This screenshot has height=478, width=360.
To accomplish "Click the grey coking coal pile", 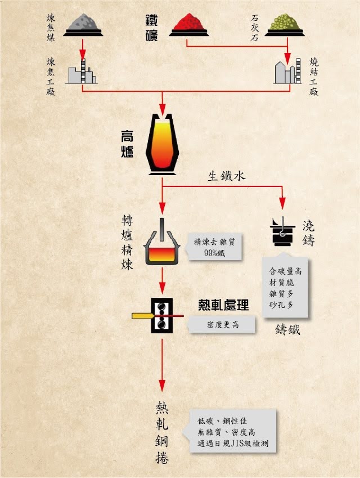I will (x=83, y=23).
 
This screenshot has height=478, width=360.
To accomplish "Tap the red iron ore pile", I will (x=189, y=23).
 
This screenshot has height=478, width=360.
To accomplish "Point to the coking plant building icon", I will (x=81, y=71).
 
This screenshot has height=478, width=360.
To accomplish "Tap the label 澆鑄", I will (x=309, y=233).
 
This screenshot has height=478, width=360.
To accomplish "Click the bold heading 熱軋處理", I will (x=223, y=305).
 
